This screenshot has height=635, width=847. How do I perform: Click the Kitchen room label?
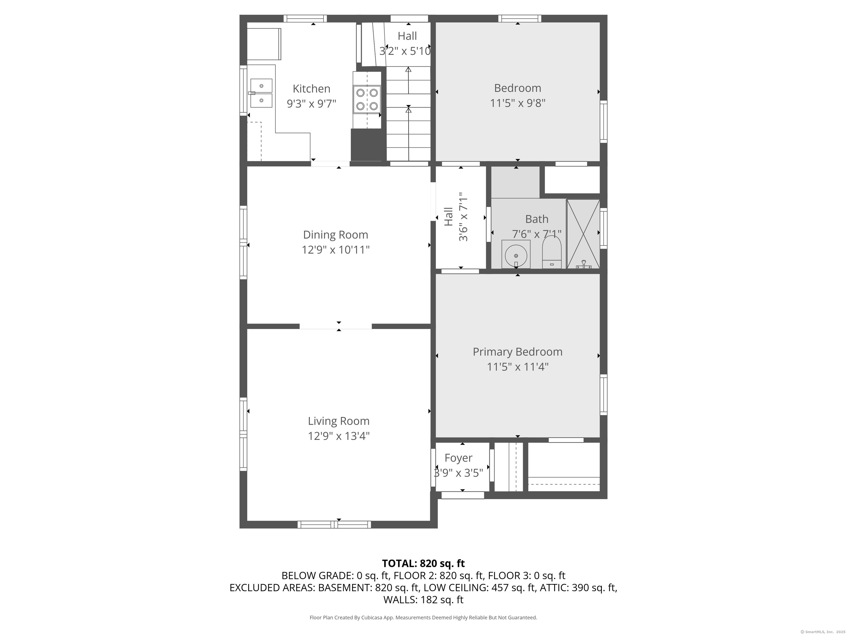point(311,89)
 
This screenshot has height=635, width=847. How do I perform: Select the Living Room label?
point(339,421)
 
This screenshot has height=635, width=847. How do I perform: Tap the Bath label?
point(537,219)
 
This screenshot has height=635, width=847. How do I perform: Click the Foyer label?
point(458,458)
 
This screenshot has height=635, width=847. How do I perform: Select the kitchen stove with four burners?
point(367,99)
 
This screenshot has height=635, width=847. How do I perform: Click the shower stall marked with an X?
point(583,234)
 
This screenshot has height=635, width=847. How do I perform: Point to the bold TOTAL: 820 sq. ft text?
point(423,563)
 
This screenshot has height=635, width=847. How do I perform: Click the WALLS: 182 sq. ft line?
point(423,600)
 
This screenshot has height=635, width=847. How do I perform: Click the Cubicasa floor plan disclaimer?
point(423,617)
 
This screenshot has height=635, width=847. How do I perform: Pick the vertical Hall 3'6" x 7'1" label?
point(456,217)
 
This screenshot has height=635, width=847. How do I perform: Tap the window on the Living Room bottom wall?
point(334,524)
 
